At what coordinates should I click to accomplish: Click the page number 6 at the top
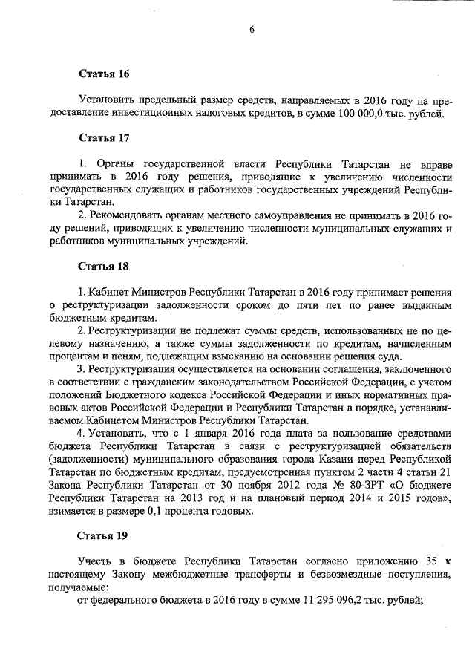coord(252,30)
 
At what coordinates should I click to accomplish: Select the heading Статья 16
coord(104,74)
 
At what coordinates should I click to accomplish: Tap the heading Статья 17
coord(104,138)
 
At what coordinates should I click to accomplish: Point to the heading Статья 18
coord(104,265)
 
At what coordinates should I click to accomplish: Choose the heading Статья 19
coord(104,535)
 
